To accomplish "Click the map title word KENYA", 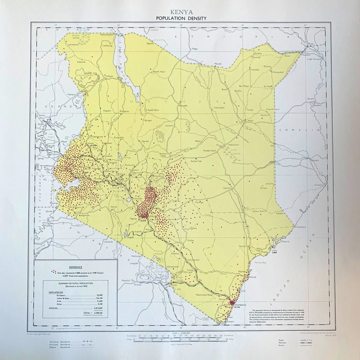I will point(181,12).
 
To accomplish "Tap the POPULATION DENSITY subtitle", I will point(181,18).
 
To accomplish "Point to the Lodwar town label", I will point(109,76).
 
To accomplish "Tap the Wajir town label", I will point(251,121).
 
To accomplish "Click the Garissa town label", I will point(227,188).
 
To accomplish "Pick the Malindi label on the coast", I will point(253,277).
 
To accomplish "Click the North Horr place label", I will point(159,72).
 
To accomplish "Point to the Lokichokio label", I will point(73,44).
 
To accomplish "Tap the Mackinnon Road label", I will point(204,295).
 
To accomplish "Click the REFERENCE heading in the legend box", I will point(76,267).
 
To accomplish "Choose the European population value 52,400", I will point(99,295).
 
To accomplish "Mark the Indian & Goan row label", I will point(57,299).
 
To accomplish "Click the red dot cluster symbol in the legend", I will point(54,272).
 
